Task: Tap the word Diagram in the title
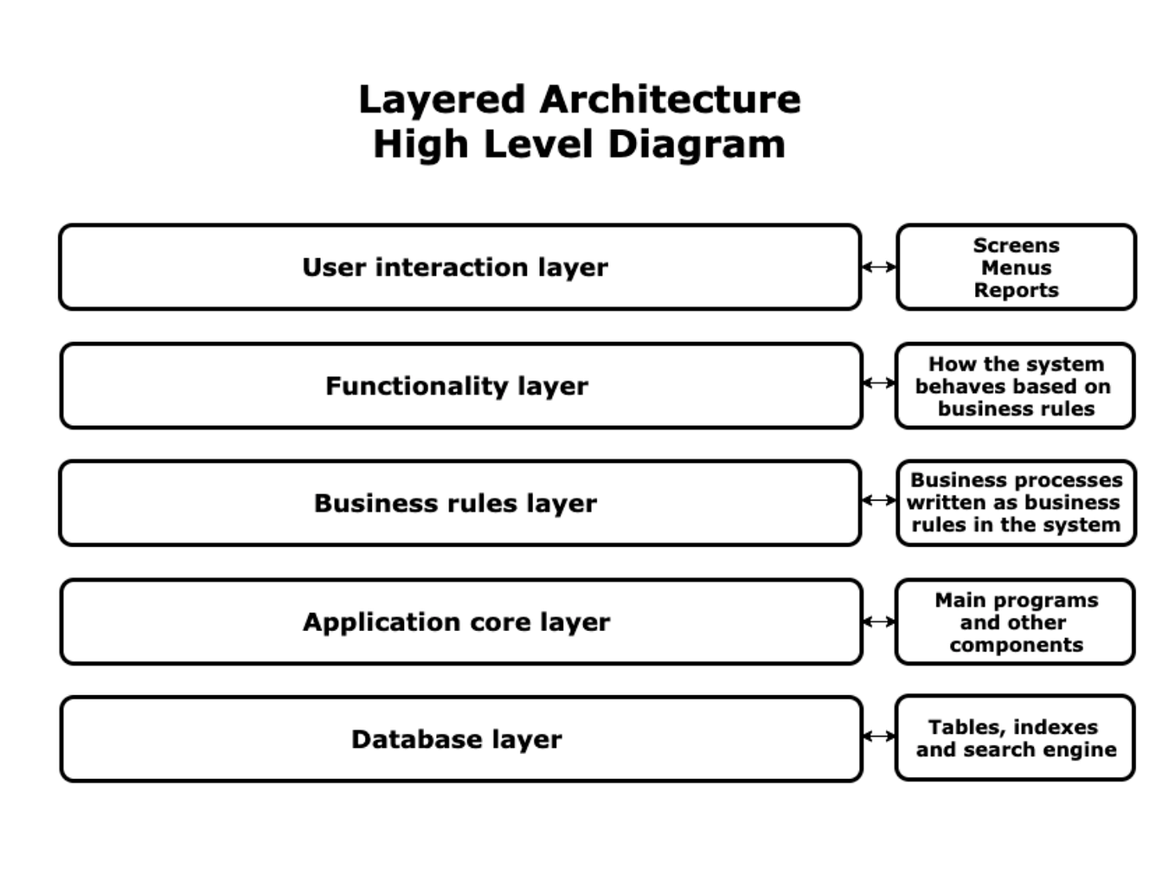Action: click(x=697, y=145)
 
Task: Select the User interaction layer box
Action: click(x=459, y=267)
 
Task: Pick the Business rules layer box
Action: click(x=459, y=504)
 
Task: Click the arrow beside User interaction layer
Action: click(x=879, y=267)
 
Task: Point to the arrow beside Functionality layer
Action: click(x=879, y=383)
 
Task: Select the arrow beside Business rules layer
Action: click(x=879, y=500)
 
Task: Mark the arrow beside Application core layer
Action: click(x=879, y=621)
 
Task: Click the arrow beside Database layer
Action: click(x=879, y=737)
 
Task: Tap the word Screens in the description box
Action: click(x=1016, y=246)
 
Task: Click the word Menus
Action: click(x=1016, y=268)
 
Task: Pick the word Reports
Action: click(x=1016, y=291)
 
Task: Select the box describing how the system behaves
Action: click(x=1015, y=386)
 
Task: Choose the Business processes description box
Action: click(x=1016, y=503)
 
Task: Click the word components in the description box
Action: click(x=1016, y=646)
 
